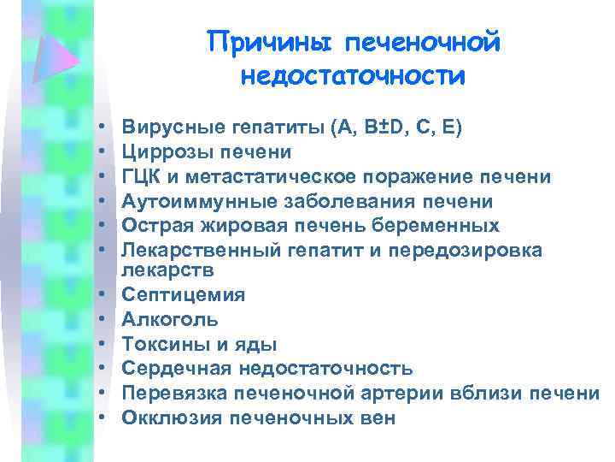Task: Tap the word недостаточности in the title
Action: pos(354,75)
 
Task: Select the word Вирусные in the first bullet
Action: pos(172,128)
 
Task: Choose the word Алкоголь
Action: pos(170,320)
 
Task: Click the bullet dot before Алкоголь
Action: pos(101,320)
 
